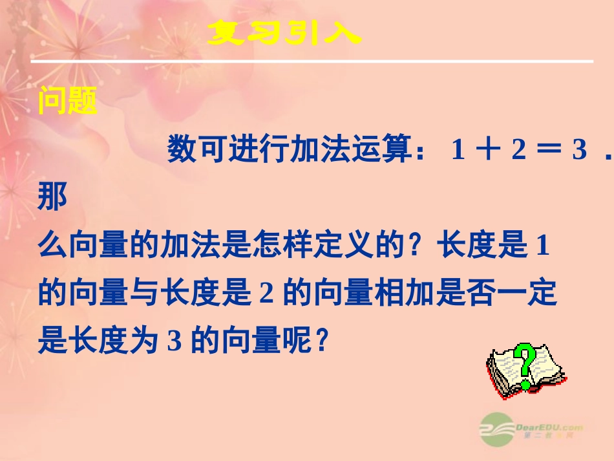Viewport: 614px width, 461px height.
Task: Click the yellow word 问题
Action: point(67,102)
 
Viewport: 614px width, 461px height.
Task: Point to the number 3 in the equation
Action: point(578,151)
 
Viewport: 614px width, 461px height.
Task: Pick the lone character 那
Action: point(53,197)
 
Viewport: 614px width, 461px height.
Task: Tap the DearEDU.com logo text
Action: point(549,427)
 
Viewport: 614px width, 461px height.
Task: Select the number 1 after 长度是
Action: point(543,246)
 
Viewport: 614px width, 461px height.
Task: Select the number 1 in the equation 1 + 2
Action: point(458,151)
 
